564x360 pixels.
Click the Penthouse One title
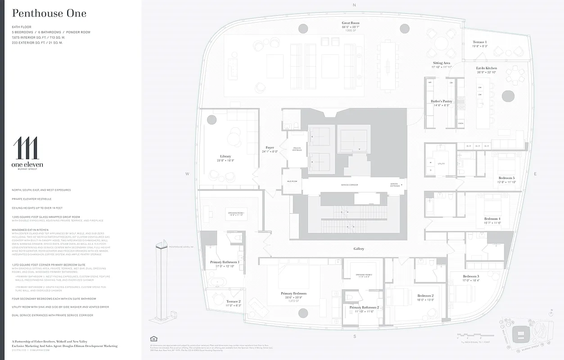tap(50, 13)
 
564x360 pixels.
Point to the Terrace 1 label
tap(479, 42)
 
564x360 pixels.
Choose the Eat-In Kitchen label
tap(486, 68)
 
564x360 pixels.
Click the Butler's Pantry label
tap(441, 101)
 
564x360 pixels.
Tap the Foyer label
tap(270, 148)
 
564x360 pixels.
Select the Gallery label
tap(359, 248)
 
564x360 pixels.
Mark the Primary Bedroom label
tap(293, 293)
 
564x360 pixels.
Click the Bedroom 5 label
tap(506, 178)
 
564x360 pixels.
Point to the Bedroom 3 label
tap(471, 276)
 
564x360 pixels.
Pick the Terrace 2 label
tap(233, 301)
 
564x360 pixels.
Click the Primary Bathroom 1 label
tap(225, 262)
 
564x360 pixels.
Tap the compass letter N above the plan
tap(354, 5)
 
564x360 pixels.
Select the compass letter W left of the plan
tap(187, 174)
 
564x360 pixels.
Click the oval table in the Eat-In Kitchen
tap(507, 96)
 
